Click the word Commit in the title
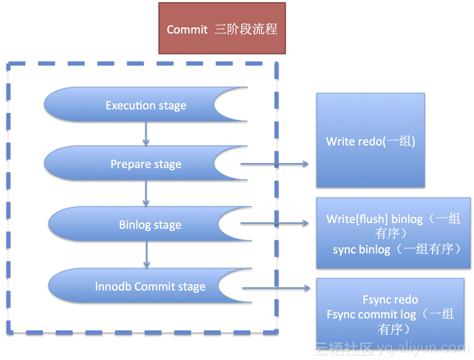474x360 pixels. [x=187, y=29]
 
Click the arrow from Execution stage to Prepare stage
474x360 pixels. [x=146, y=133]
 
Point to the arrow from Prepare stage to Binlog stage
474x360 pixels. [x=146, y=193]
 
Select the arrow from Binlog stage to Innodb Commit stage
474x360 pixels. [x=147, y=254]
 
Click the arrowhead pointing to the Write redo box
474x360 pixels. [x=305, y=164]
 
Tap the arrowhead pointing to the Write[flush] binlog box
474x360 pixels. [x=305, y=223]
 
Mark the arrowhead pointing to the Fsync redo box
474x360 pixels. [x=307, y=288]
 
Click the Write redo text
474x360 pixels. [x=370, y=141]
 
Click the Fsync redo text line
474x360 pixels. [x=390, y=300]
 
